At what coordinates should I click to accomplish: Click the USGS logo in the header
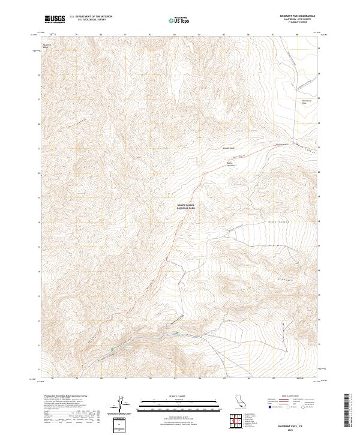55,19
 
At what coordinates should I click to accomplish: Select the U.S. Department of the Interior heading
91,17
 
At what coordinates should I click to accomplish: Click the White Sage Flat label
229,163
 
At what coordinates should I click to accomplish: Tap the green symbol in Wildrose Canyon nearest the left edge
112,349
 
